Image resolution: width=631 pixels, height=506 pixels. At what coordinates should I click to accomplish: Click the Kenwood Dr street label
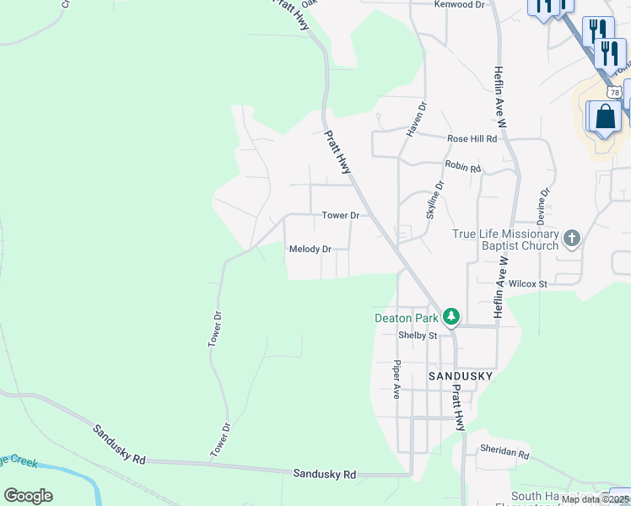[x=460, y=4]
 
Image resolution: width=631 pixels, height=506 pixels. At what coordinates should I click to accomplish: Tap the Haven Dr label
[x=413, y=118]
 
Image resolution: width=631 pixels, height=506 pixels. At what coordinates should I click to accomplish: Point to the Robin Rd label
[x=463, y=168]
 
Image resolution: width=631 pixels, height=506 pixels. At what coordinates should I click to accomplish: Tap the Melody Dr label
[x=310, y=250]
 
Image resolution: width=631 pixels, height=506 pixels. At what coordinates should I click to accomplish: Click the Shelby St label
[x=418, y=336]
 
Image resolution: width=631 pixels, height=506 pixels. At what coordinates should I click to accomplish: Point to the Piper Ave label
[x=396, y=379]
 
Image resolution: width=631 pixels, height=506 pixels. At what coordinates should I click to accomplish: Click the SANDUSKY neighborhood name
[x=460, y=375]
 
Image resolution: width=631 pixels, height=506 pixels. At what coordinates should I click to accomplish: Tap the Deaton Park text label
[x=407, y=318]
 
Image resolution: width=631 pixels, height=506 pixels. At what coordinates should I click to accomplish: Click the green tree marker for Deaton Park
[x=452, y=317]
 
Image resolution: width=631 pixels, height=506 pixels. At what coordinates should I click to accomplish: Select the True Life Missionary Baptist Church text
[x=505, y=240]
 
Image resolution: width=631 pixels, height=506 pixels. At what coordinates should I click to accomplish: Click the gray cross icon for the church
[x=572, y=239]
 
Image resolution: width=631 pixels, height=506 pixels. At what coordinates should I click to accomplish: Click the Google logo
[x=28, y=496]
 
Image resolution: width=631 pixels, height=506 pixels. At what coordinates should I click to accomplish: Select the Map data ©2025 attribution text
[x=596, y=499]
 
